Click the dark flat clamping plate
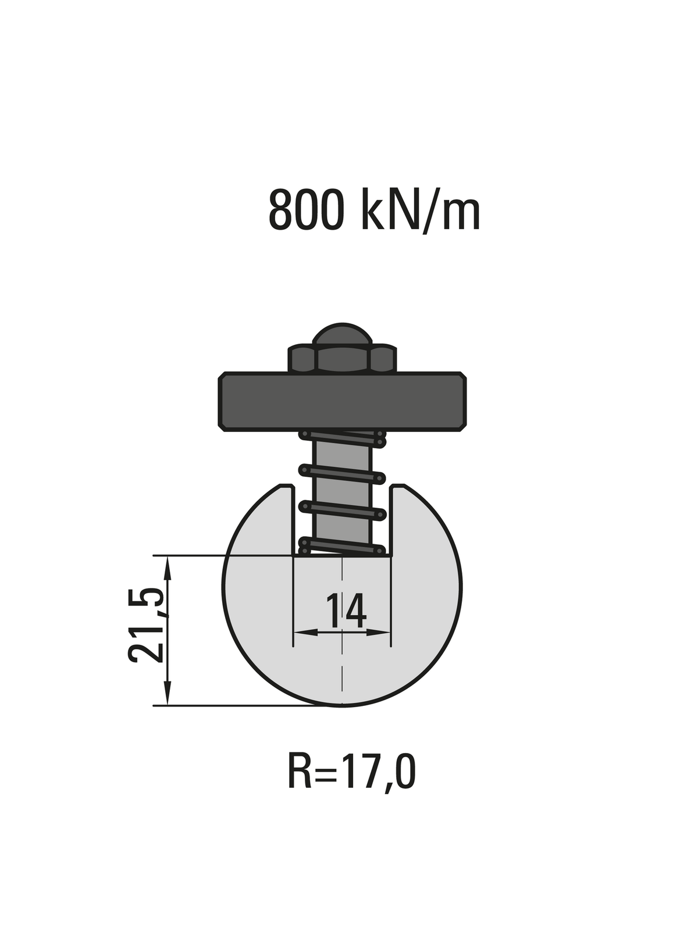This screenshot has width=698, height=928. [x=343, y=401]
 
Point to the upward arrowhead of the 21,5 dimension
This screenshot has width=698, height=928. [x=168, y=564]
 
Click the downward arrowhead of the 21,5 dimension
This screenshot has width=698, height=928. [x=168, y=698]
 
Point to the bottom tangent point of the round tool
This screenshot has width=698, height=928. [x=342, y=705]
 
